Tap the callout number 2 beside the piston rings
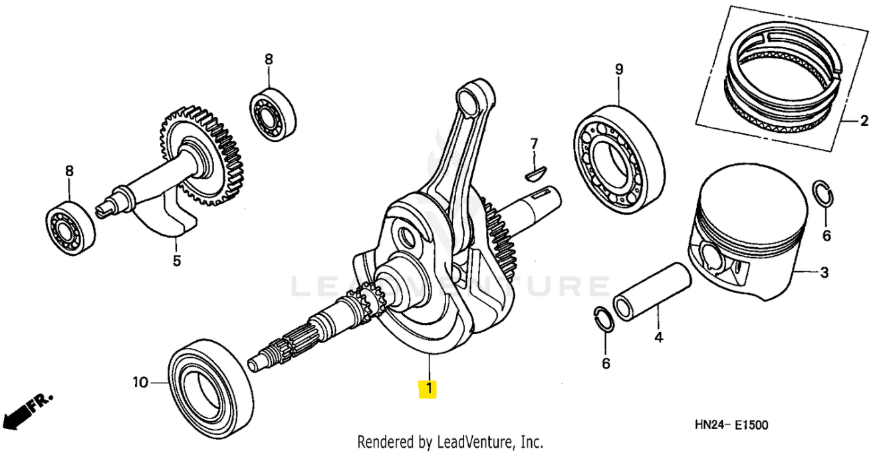864,121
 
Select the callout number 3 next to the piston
823,272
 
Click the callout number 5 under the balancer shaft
176,261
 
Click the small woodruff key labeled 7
534,173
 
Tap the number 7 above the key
534,144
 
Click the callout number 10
140,382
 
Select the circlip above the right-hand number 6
822,197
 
